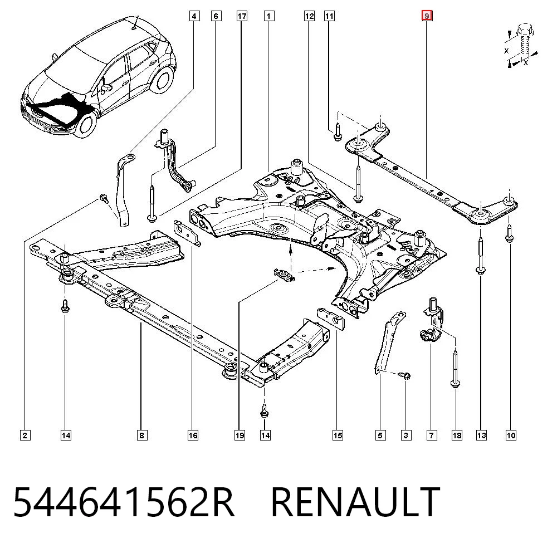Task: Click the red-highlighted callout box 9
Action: tap(427, 16)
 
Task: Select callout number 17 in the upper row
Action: tap(242, 16)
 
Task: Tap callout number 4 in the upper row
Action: tap(194, 16)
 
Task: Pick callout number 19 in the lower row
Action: tap(240, 435)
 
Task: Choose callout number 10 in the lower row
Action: tap(511, 435)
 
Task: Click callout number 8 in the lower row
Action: tap(141, 435)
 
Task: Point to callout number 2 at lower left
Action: tap(25, 435)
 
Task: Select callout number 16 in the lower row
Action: tap(193, 435)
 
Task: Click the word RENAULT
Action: tap(355, 502)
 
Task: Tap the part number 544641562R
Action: tap(124, 502)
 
